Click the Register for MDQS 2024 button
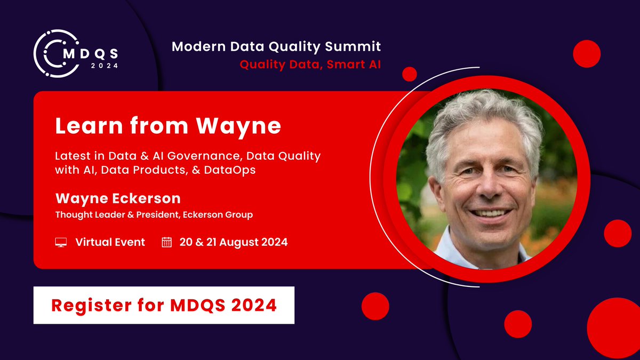tap(164, 305)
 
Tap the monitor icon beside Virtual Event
tap(61, 242)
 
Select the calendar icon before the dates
tap(167, 242)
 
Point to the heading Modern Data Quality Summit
tap(276, 47)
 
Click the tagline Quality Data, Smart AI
tap(310, 65)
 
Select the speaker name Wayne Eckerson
tap(118, 199)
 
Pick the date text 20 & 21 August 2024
tap(234, 242)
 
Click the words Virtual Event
tap(110, 242)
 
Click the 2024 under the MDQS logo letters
tap(105, 66)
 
